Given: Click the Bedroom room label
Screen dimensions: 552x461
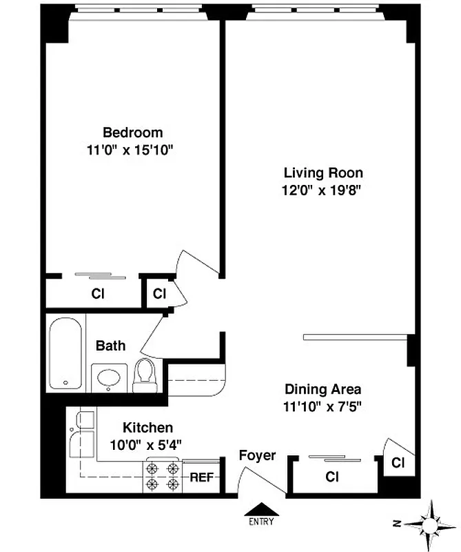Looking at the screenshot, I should pos(133,132).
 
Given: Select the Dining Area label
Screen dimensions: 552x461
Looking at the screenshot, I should pos(322,389).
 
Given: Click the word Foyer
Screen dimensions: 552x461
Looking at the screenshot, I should pos(257,455).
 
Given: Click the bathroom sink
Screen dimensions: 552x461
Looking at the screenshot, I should pos(109,378).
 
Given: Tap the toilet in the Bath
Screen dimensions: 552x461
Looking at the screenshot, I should pos(145,375).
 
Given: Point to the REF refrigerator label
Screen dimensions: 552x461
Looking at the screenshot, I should pos(201,477).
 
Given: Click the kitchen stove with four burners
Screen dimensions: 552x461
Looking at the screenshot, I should pos(161,475).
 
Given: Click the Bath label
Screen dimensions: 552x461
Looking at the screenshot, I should pos(110,345).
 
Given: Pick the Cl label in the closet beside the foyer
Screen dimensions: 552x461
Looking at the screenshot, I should pos(331,477).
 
